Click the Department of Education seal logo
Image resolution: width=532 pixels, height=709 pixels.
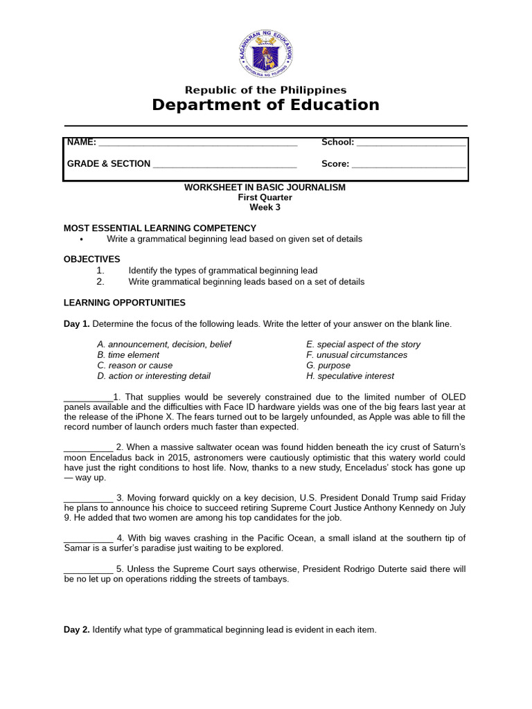(266, 53)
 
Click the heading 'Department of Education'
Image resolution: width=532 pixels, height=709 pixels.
(266, 105)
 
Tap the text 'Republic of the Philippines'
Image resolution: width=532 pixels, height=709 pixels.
(266, 90)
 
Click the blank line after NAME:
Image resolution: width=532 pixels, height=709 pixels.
(198, 144)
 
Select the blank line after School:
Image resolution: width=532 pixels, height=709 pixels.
(411, 144)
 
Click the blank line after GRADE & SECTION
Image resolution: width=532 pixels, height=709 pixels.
(224, 165)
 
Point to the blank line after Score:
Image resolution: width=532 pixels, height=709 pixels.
(409, 165)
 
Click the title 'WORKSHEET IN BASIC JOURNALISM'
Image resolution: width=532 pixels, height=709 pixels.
(265, 188)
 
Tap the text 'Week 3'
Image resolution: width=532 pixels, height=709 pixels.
(265, 207)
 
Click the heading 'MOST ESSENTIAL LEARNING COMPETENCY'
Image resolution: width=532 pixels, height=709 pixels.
(160, 228)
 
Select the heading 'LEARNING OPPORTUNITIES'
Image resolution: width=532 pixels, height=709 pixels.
(125, 303)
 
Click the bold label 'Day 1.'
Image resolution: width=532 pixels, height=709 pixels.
(77, 324)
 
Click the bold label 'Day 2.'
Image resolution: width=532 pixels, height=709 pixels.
(77, 630)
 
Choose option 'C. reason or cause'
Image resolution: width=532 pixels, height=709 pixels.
(135, 366)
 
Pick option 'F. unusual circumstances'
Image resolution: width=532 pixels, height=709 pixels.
(357, 355)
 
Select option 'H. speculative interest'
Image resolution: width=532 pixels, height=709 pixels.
(350, 376)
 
